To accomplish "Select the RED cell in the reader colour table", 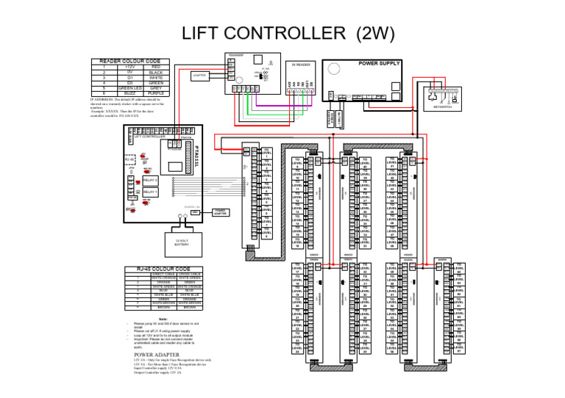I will (155, 66).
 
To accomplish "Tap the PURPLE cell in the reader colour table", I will (155, 93).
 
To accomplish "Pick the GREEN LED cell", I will (129, 88).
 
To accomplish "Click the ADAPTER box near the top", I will (199, 75).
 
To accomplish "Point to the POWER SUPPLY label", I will (379, 64).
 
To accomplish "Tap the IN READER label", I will (300, 65).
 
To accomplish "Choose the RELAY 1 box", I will (150, 192).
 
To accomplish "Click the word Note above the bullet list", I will (163, 318).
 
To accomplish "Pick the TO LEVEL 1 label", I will (266, 153).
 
